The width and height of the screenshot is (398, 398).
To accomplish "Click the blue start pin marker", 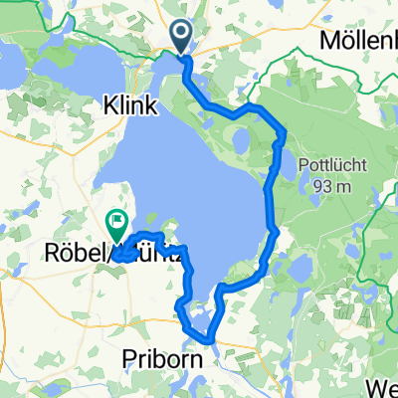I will pyautogui.click(x=182, y=38).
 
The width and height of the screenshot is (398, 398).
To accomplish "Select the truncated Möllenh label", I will pyautogui.click(x=358, y=41).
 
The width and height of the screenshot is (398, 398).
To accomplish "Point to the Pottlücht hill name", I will pyautogui.click(x=332, y=164).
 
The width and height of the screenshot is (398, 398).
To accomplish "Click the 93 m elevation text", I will pyautogui.click(x=332, y=185).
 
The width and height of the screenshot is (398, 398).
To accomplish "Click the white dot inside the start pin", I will pyautogui.click(x=182, y=35).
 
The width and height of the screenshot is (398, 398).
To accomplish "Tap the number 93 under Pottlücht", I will pyautogui.click(x=318, y=185).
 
